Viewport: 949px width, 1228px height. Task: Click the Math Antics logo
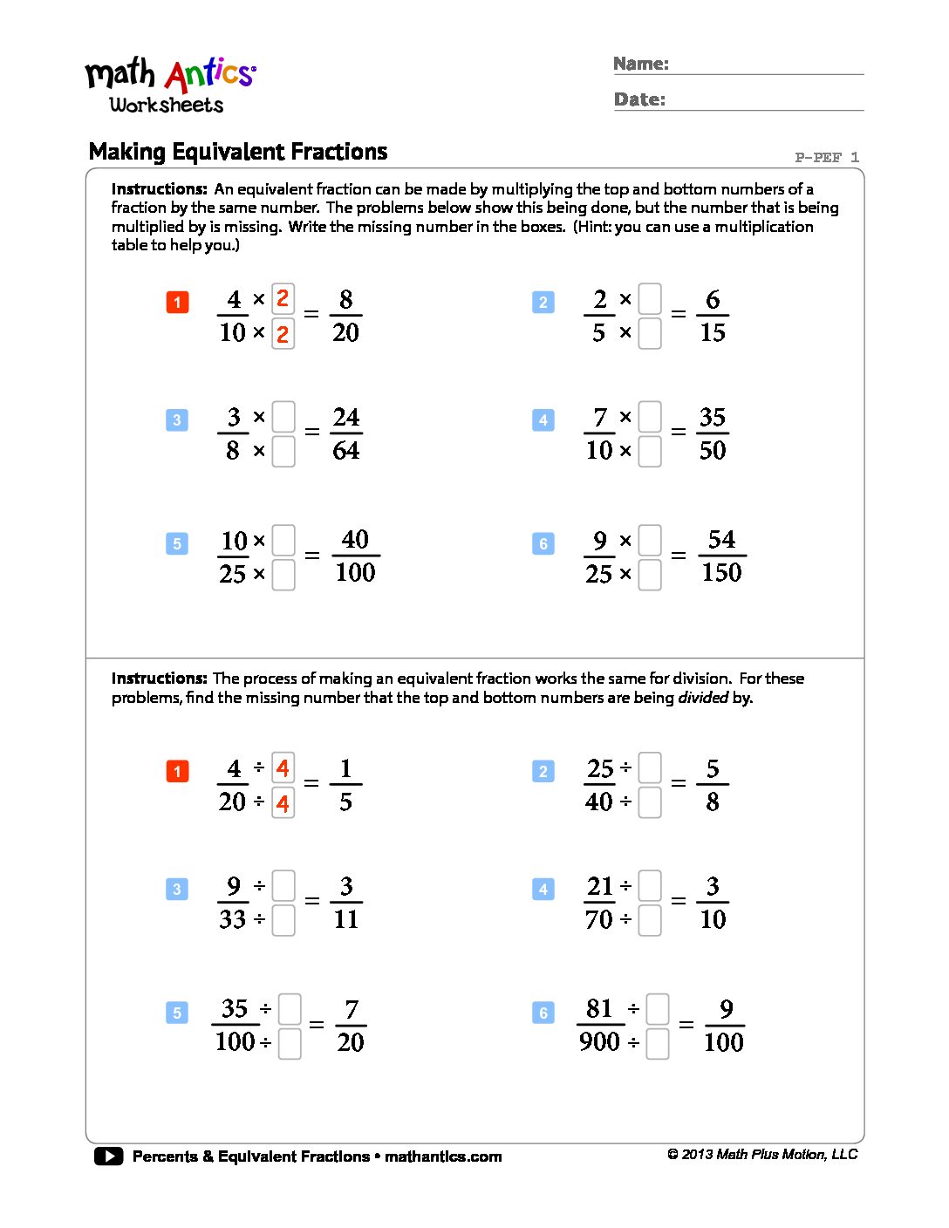pos(169,85)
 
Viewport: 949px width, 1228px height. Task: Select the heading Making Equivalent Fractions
pos(238,152)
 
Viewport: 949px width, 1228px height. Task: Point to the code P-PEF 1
pos(826,158)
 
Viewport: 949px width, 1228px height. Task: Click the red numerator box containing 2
pos(283,299)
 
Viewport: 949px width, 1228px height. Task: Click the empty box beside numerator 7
pos(650,417)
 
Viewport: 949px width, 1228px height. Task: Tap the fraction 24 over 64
pos(346,433)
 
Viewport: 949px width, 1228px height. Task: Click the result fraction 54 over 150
pos(721,556)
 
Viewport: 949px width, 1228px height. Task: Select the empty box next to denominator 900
pos(658,1043)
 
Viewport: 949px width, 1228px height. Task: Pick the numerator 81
pos(599,1008)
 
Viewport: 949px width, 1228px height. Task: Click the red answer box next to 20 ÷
pos(283,802)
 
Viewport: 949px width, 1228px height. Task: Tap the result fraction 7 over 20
pos(351,1025)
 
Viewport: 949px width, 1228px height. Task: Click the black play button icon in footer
pos(109,1156)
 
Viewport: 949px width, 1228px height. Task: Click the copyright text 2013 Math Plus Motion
pos(762,1155)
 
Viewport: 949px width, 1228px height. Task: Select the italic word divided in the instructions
pos(703,698)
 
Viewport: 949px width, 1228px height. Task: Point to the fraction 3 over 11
pos(346,903)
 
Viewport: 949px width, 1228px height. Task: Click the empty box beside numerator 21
pos(650,886)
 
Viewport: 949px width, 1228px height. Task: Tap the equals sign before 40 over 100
pos(311,556)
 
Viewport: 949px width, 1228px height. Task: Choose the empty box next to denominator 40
pos(650,802)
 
